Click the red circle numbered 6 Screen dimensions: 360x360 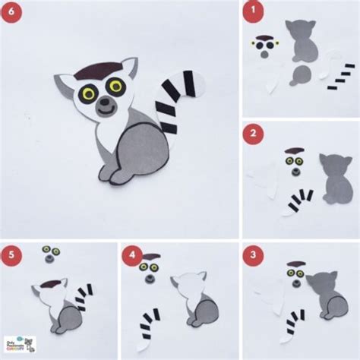pos(12,13)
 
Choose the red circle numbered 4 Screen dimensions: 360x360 pos(133,255)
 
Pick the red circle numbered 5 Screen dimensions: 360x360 pos(12,255)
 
